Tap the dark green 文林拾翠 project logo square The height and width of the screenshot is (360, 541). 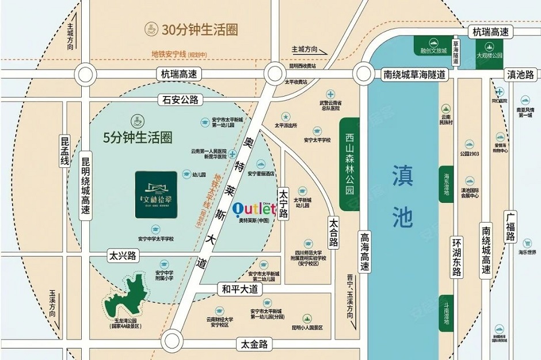pyautogui.click(x=156, y=194)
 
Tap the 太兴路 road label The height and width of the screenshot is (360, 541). pyautogui.click(x=123, y=256)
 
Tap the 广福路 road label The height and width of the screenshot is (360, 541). pyautogui.click(x=510, y=228)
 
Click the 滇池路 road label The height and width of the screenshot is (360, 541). pyautogui.click(x=520, y=75)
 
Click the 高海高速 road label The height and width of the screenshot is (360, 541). pyautogui.click(x=365, y=252)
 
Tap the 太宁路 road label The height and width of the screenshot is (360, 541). pyautogui.click(x=283, y=204)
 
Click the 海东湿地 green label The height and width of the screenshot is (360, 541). pyautogui.click(x=446, y=184)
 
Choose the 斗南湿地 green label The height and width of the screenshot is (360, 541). pyautogui.click(x=446, y=314)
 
